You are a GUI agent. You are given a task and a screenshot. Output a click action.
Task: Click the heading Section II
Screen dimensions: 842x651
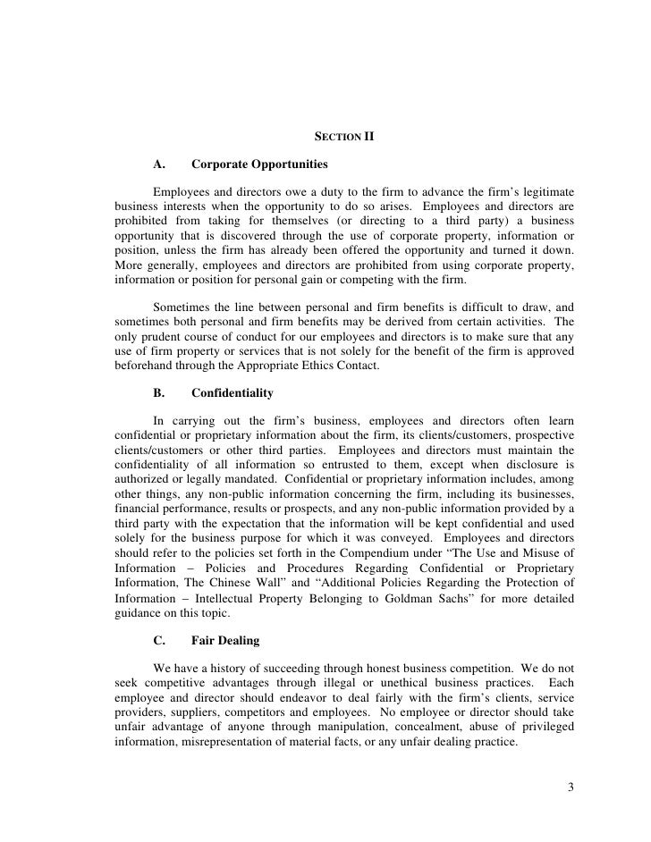pos(344,137)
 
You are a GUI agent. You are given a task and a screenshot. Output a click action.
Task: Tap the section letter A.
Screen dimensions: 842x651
pos(161,164)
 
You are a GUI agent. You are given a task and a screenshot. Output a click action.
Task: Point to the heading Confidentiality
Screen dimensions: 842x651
pos(232,392)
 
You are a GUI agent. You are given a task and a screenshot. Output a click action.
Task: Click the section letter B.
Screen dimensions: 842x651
pos(161,392)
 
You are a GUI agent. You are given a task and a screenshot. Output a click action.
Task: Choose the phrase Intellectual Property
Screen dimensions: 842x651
pos(222,598)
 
